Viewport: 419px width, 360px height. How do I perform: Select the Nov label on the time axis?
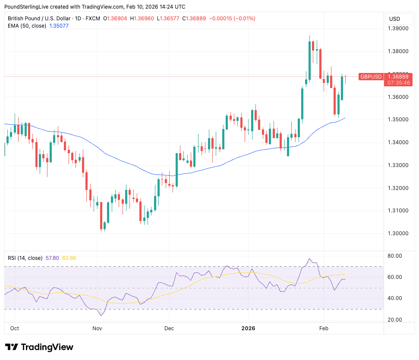(x=97, y=328)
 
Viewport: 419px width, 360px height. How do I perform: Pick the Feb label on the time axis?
(x=324, y=328)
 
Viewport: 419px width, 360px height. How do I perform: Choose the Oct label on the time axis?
(x=14, y=328)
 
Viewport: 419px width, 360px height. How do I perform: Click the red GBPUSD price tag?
(x=371, y=77)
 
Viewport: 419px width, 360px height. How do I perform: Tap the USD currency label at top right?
(x=394, y=19)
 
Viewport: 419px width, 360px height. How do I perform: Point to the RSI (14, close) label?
(x=25, y=258)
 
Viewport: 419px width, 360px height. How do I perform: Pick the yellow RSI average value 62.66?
(x=69, y=258)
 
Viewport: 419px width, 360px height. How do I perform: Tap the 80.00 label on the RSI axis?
(x=396, y=256)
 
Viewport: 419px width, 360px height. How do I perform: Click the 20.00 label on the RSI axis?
(x=396, y=320)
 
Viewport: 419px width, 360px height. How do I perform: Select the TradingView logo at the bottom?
(x=39, y=347)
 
